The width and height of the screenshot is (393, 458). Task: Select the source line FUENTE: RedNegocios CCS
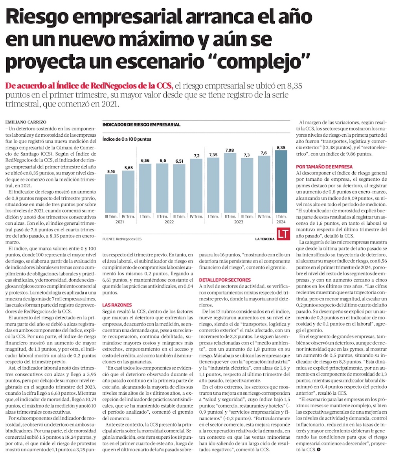click(x=122, y=238)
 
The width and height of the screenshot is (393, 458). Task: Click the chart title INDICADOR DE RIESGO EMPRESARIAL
click(x=141, y=125)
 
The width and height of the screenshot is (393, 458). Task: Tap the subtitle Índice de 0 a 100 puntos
click(x=127, y=139)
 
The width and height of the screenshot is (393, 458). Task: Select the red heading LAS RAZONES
click(x=114, y=304)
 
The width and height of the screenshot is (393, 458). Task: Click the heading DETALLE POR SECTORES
click(x=224, y=280)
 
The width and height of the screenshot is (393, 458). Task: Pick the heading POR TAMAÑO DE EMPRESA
click(x=324, y=167)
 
